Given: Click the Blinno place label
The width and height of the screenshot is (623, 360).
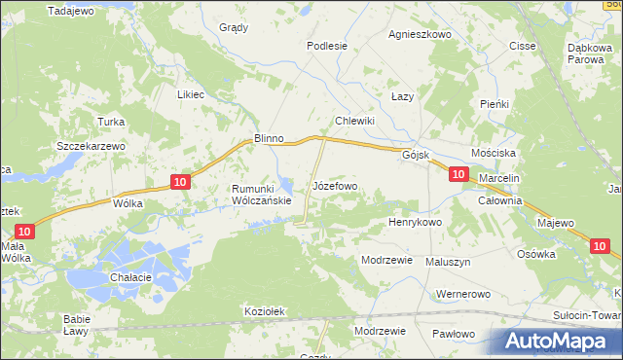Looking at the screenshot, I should (x=268, y=138).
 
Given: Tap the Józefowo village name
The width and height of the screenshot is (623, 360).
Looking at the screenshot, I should (x=335, y=185).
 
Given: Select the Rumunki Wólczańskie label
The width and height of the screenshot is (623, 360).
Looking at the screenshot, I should (x=261, y=195).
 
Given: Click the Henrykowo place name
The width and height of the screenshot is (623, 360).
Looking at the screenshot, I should (x=416, y=222).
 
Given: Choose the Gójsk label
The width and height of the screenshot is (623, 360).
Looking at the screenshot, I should (x=416, y=155).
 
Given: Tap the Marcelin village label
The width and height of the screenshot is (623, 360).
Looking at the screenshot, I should (x=501, y=179).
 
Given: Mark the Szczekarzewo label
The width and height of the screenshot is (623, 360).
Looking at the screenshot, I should (x=92, y=145).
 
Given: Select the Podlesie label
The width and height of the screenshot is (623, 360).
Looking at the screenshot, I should (x=327, y=45).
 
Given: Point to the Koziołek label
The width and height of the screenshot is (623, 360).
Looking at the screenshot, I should (x=264, y=311).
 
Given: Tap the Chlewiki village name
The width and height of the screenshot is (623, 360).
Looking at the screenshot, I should (x=355, y=120).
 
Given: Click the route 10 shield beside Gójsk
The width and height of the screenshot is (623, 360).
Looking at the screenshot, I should (x=458, y=173).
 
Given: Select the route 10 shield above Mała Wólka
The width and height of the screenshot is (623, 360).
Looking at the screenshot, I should (x=25, y=232).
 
